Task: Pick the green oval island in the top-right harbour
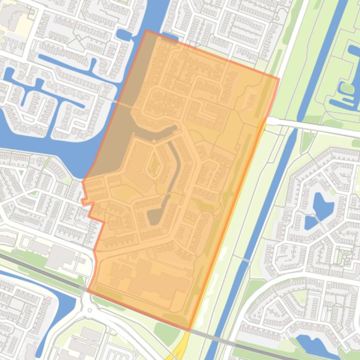coord(347,87)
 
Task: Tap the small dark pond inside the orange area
coord(155,216)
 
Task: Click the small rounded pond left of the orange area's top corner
coord(124,36)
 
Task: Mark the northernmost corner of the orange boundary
coord(147,31)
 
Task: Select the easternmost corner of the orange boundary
coord(279,79)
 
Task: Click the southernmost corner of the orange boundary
coord(189,330)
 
